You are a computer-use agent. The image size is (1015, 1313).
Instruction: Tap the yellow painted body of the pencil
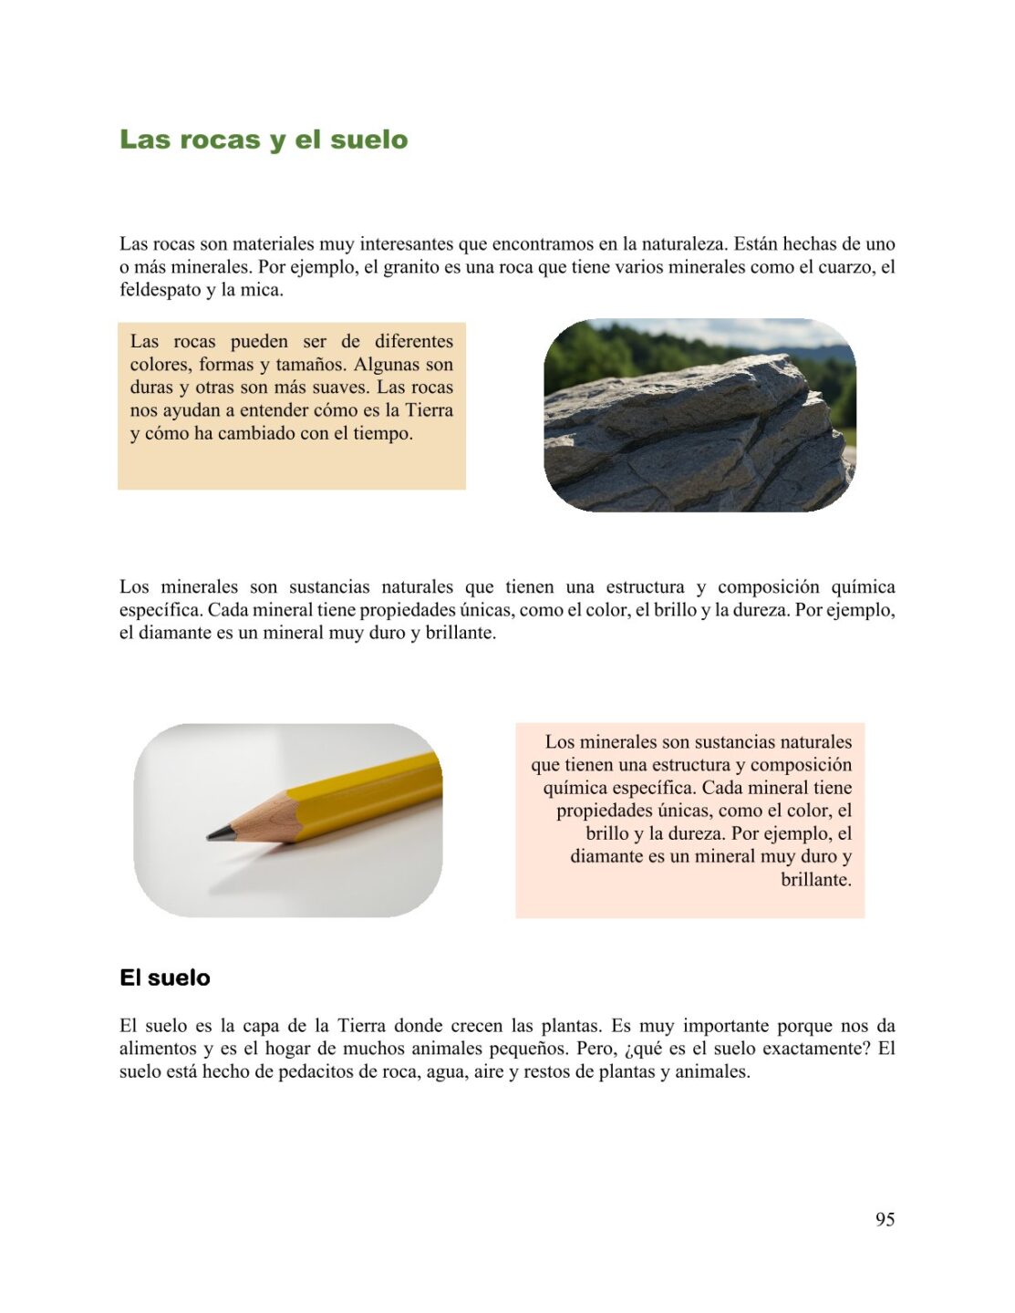[374, 793]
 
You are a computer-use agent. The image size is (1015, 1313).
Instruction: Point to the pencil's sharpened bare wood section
[264, 818]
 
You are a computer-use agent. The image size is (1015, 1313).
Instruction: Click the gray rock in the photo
[693, 438]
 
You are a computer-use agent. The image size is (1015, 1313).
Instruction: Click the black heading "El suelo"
[165, 977]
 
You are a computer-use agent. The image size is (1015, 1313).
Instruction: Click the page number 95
[885, 1219]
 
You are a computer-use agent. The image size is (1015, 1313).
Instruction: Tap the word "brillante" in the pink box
[815, 880]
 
